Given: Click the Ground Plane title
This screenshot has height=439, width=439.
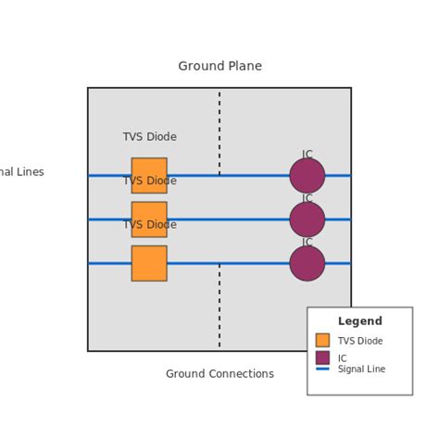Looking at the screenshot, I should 219,66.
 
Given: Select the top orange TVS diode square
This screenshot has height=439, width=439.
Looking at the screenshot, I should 149,175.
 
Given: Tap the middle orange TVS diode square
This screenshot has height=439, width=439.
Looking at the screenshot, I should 149,219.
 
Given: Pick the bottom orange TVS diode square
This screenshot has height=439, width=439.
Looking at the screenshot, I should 149,263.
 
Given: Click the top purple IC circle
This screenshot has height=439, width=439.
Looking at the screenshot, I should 307,175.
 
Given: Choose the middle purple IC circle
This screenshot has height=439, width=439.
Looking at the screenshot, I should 307,219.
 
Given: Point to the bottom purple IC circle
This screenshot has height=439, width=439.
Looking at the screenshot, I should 307,263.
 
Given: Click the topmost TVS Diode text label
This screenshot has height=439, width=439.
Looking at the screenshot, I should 149,137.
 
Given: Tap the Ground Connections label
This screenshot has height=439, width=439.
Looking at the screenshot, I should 219,374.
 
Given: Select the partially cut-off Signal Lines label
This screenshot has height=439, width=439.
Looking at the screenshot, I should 21,172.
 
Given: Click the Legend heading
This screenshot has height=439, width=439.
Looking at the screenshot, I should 359,321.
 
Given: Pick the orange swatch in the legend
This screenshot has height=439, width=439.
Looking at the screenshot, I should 322,340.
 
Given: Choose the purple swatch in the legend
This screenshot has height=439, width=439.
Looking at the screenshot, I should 322,357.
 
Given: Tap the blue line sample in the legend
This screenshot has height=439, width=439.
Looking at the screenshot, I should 322,369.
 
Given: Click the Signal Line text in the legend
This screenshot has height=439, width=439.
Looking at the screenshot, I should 361,369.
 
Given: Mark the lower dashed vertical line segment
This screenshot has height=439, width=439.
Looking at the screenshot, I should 219,306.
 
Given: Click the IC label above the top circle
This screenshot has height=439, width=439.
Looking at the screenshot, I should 307,155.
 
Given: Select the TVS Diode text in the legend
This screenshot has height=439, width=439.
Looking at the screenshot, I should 360,341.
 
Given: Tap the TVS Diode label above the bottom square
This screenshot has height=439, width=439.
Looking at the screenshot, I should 149,225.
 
